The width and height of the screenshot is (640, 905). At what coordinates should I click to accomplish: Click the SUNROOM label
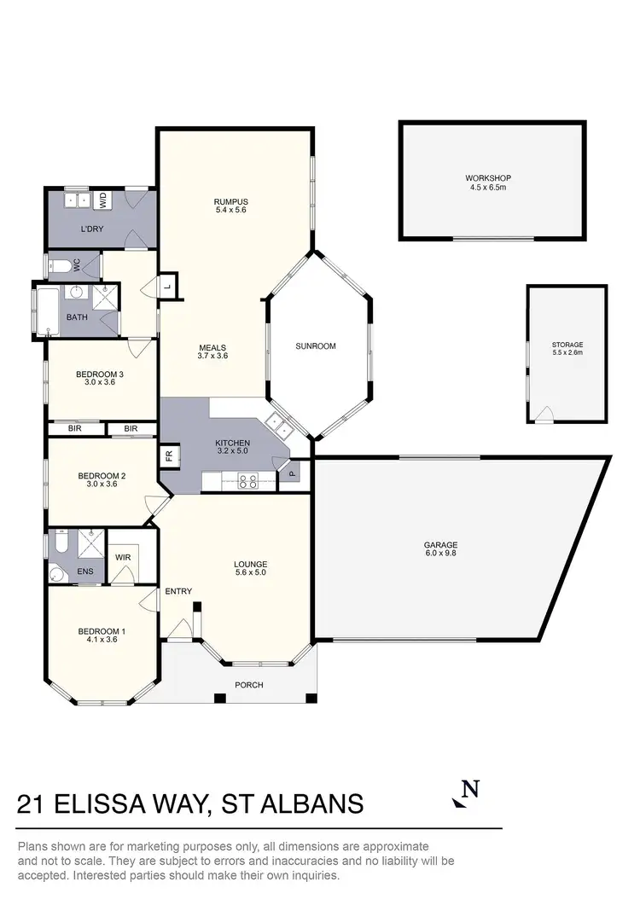click(x=316, y=346)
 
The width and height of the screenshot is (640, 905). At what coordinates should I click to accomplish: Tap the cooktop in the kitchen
click(x=247, y=482)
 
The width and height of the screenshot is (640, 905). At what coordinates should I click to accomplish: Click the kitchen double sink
click(x=279, y=423)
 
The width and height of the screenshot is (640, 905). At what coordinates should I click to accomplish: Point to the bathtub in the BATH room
click(x=45, y=310)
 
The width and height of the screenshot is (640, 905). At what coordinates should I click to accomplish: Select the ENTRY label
click(x=178, y=591)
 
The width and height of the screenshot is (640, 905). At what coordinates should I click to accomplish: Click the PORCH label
click(x=249, y=685)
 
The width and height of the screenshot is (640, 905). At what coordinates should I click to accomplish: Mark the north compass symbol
click(x=465, y=792)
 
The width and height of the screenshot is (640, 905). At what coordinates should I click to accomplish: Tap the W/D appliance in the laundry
click(x=103, y=201)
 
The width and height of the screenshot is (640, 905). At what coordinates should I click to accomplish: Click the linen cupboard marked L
click(x=168, y=287)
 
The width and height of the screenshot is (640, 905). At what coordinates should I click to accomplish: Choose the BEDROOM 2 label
click(x=102, y=480)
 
